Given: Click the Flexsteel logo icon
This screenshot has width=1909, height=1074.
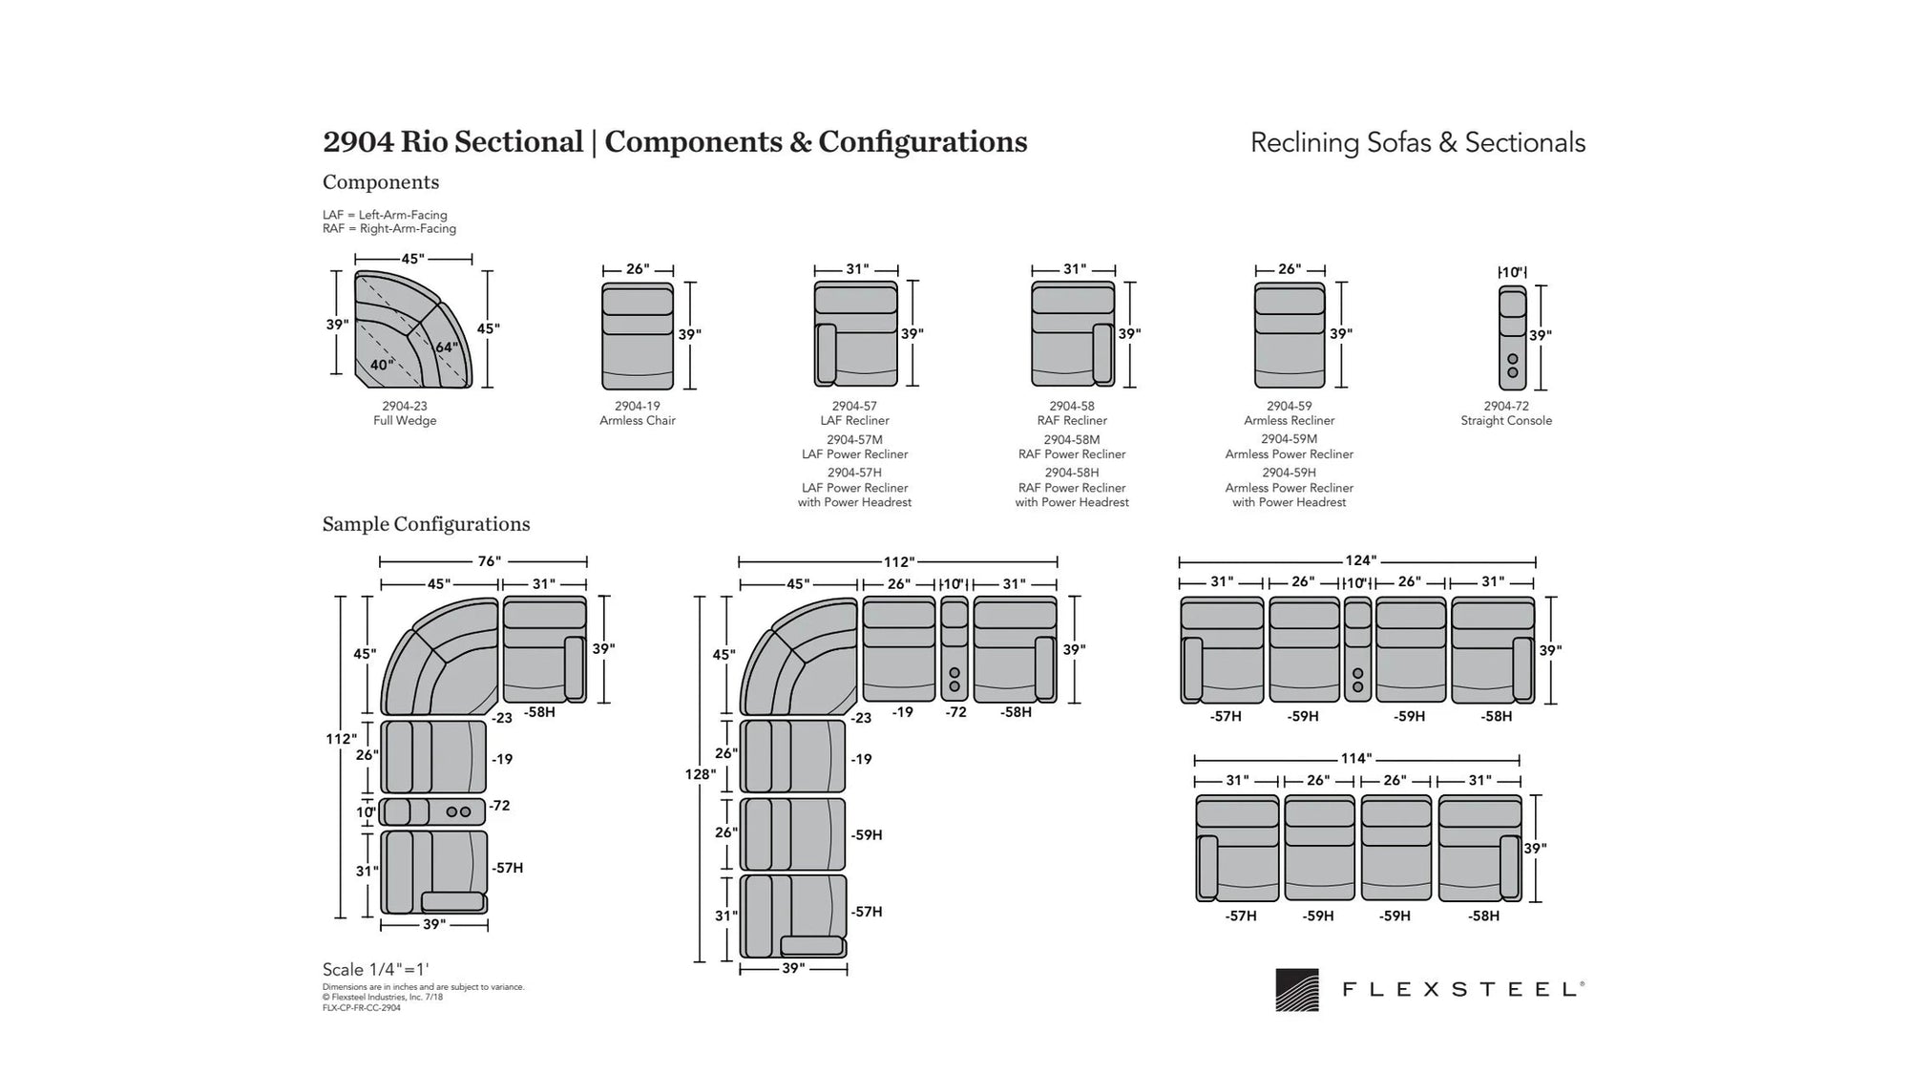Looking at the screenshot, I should [1296, 990].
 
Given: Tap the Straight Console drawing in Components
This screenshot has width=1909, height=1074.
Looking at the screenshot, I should [1512, 338].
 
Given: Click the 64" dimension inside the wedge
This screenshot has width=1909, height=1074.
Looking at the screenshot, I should [447, 347].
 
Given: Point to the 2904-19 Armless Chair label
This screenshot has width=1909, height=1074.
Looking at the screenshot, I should [637, 413].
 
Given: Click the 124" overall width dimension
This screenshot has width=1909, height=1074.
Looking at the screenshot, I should [1360, 560].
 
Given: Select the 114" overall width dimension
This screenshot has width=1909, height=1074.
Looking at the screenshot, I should [1355, 759].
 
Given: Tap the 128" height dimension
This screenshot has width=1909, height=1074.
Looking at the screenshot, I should [701, 774].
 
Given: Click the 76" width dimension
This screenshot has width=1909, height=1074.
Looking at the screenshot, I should [489, 561].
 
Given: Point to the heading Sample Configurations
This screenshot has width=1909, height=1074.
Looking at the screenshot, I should [426, 524].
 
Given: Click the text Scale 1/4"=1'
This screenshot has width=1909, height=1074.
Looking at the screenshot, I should [376, 969].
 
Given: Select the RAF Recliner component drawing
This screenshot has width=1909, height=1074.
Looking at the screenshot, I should [1073, 333].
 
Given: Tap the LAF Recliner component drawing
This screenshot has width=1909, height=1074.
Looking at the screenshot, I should [855, 333].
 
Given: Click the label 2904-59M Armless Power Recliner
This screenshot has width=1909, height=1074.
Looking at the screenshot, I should [1289, 447].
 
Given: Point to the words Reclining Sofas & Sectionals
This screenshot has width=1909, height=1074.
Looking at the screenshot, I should [1417, 143].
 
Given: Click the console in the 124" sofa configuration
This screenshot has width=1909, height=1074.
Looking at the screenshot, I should [1357, 650].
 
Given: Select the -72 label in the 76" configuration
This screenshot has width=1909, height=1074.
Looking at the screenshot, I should [500, 806].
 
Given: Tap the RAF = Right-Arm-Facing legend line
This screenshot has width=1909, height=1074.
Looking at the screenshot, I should [389, 229].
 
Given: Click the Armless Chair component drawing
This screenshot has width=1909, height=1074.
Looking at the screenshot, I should [637, 336].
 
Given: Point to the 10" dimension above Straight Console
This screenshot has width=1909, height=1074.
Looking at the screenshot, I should [1511, 272].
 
